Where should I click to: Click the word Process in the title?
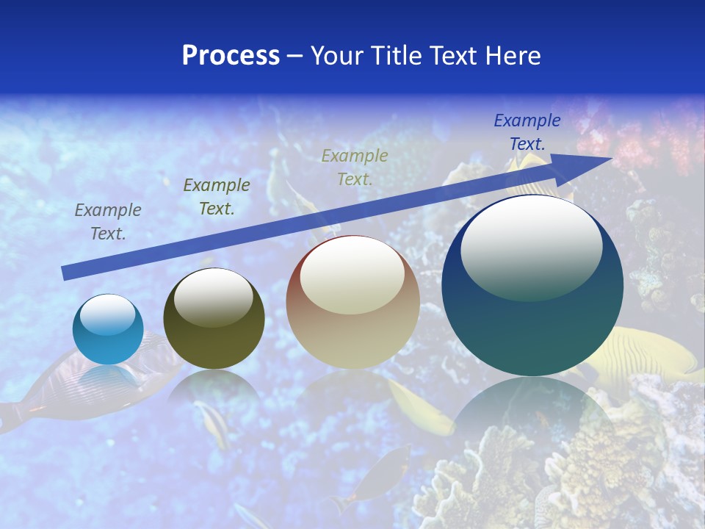pyautogui.click(x=231, y=56)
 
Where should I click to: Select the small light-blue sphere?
pyautogui.click(x=108, y=330)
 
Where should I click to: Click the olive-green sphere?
pyautogui.click(x=214, y=319)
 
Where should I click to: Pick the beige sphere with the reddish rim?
pyautogui.click(x=352, y=303)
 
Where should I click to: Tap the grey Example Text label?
pyautogui.click(x=108, y=222)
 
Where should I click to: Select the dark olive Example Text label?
pyautogui.click(x=217, y=197)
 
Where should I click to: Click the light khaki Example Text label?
pyautogui.click(x=355, y=167)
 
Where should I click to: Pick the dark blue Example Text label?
pyautogui.click(x=527, y=132)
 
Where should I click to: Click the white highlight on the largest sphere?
pyautogui.click(x=531, y=245)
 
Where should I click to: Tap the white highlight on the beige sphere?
pyautogui.click(x=352, y=275)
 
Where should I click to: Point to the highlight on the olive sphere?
pyautogui.click(x=213, y=296)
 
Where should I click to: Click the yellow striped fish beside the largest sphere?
pyautogui.click(x=646, y=356)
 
